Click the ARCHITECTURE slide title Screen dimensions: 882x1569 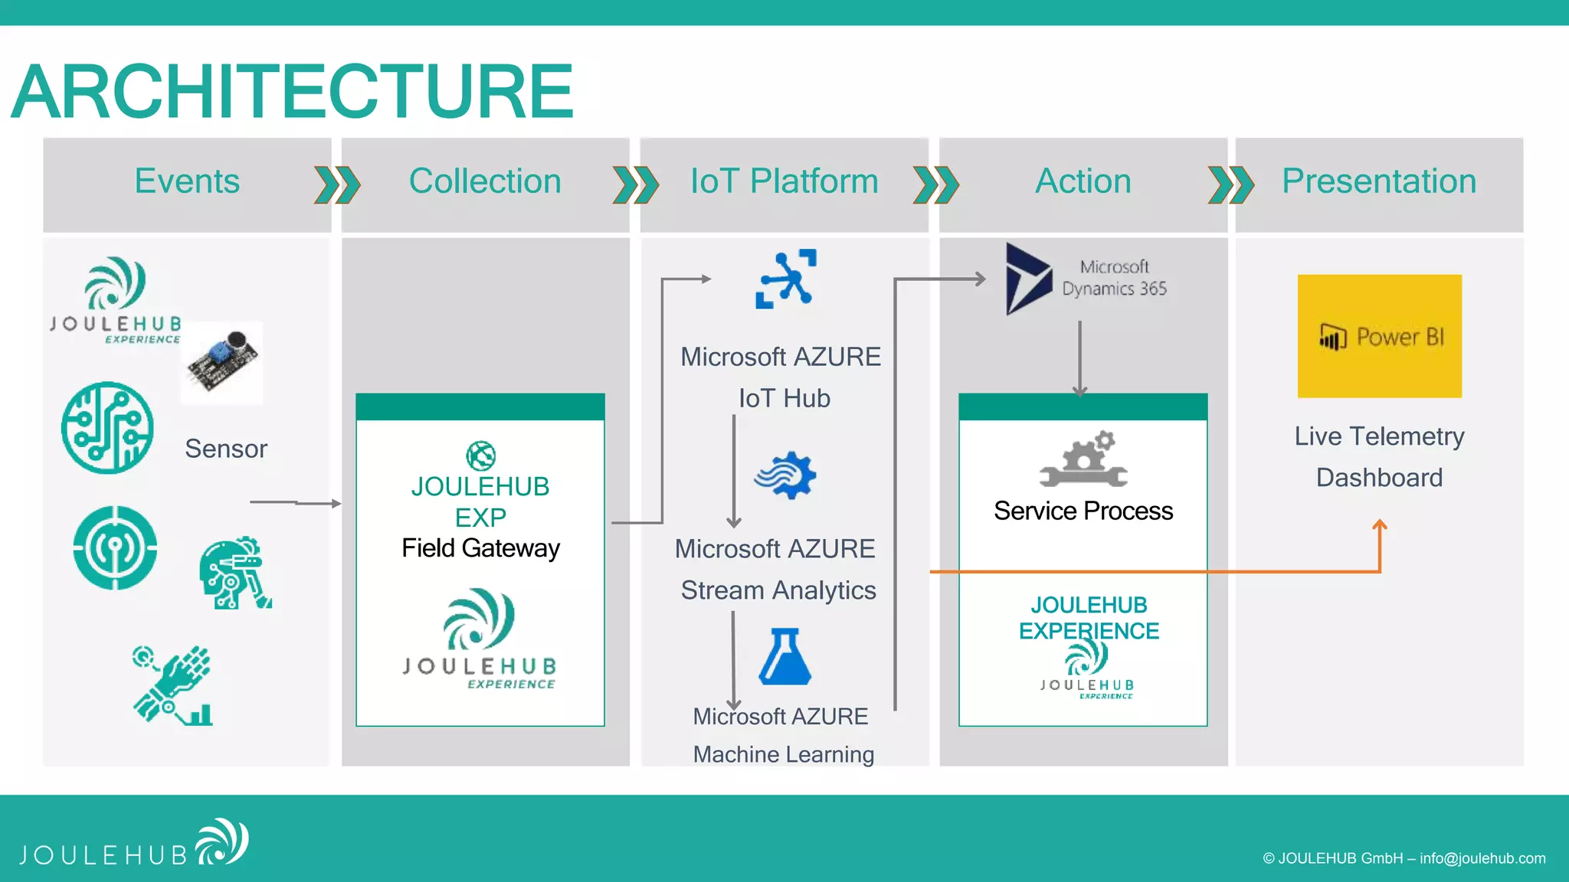tap(293, 92)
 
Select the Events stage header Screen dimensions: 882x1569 tap(187, 181)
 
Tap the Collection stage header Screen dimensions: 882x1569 tap(485, 181)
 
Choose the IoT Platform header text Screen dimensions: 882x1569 tap(784, 181)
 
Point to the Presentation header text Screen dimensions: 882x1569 tap(1379, 181)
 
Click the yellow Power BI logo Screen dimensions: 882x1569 tap(1379, 336)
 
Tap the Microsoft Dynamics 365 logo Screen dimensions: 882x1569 tap(1086, 279)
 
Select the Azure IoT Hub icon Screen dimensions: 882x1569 tap(786, 279)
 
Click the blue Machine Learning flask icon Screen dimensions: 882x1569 tap(784, 657)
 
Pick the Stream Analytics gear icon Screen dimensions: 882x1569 tap(787, 475)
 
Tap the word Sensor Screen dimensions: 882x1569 tap(226, 449)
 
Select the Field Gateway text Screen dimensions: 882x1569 tap(480, 548)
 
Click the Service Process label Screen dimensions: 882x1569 tap(1083, 511)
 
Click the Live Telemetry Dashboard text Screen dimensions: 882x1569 tap(1379, 456)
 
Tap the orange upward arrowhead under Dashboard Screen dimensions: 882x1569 tap(1380, 525)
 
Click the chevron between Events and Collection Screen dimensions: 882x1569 tap(337, 185)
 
